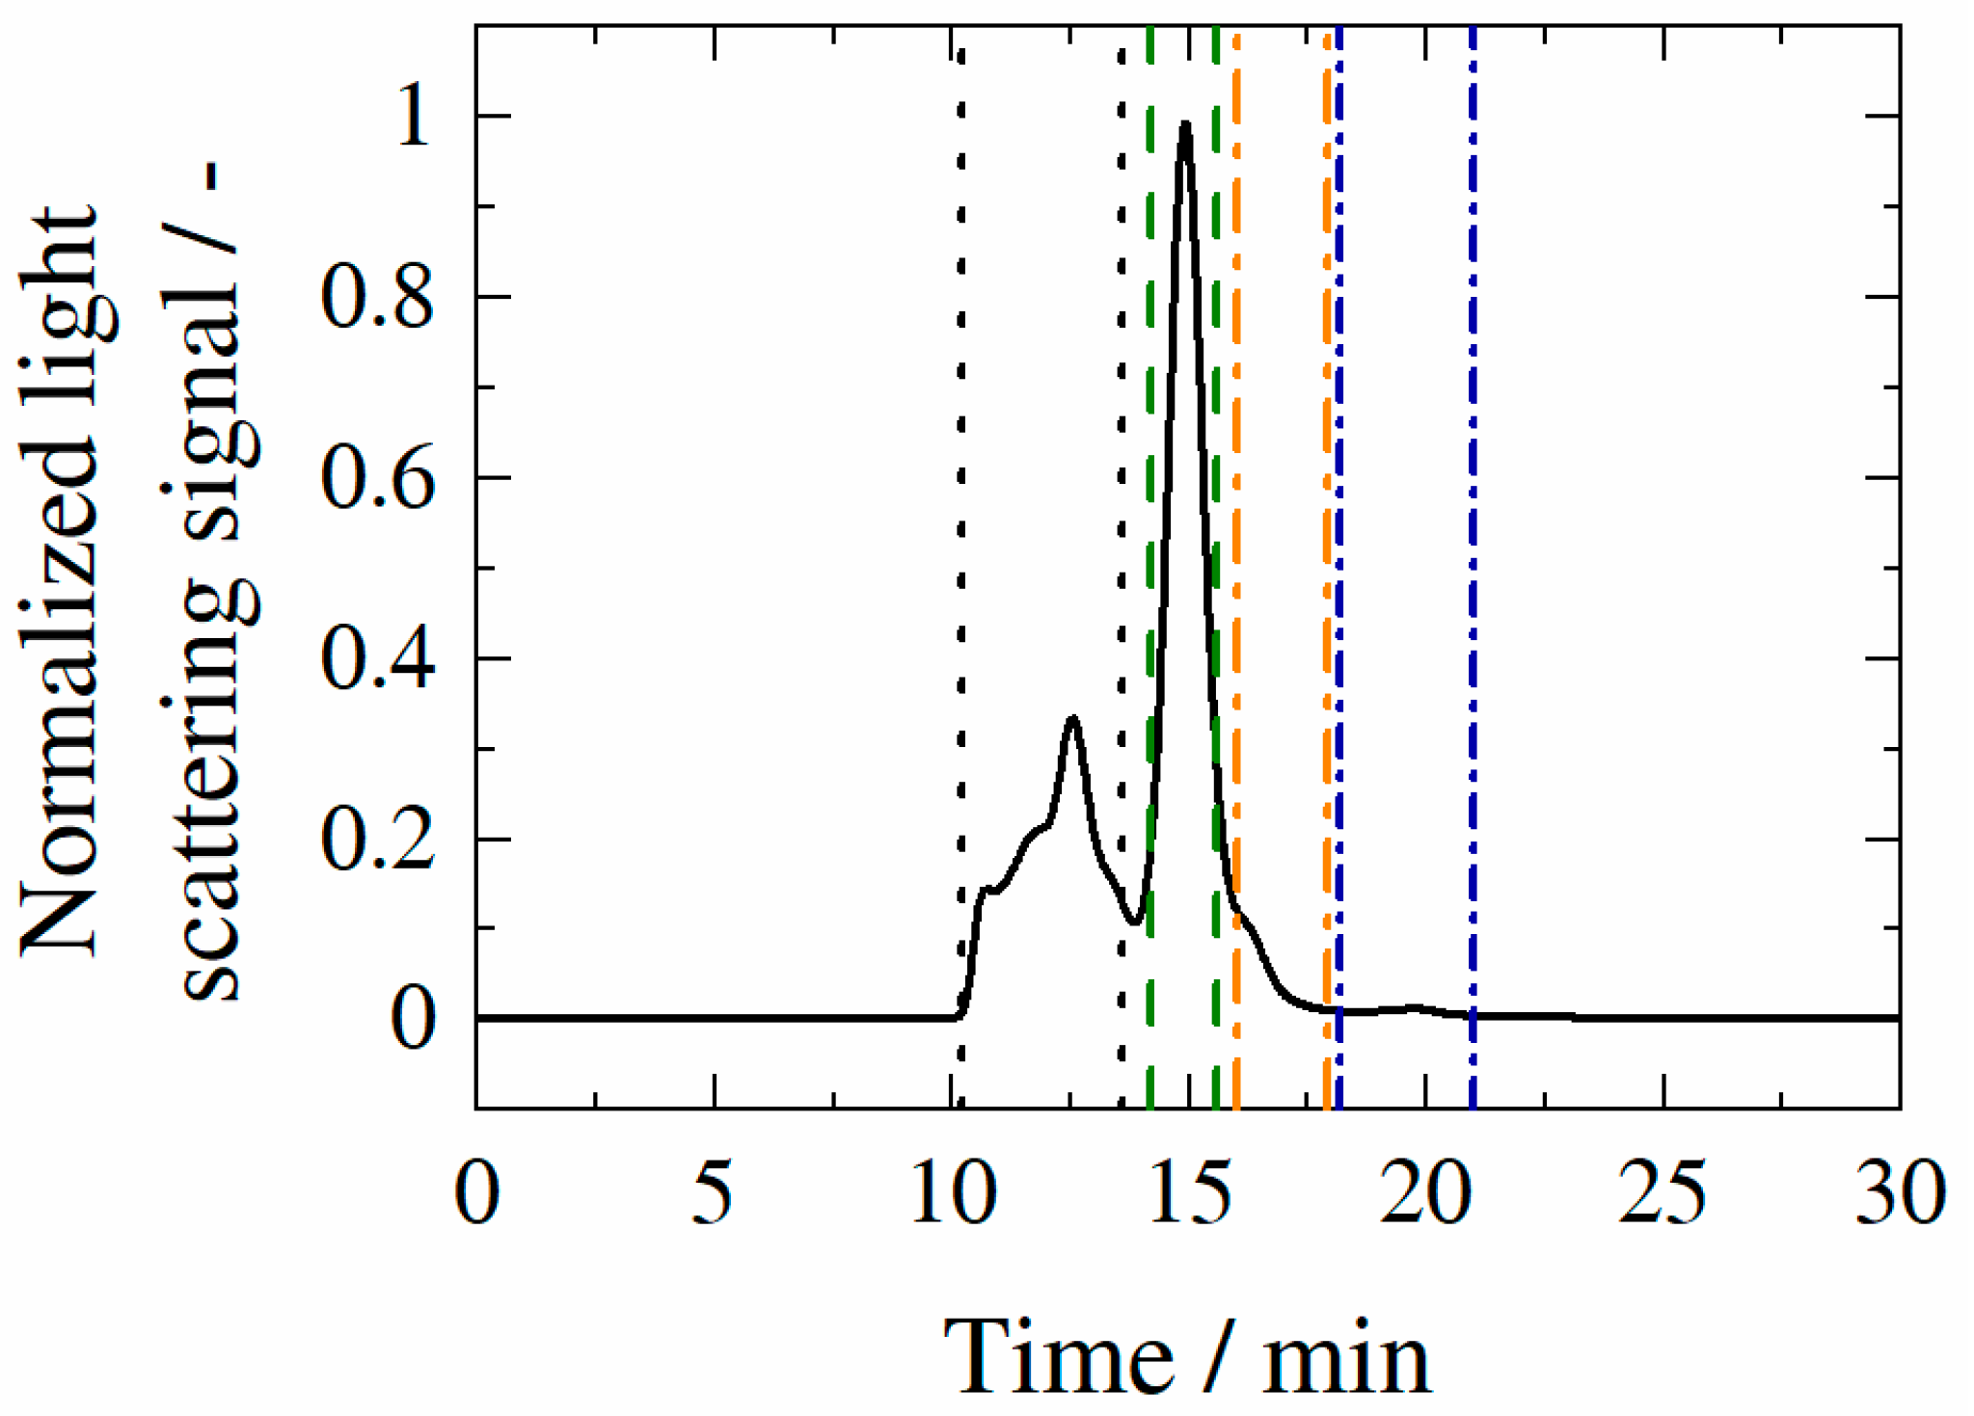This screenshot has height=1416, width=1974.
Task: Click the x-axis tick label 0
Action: click(476, 1193)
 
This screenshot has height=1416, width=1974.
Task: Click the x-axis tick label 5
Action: click(713, 1193)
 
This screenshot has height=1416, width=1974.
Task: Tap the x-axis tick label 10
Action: click(954, 1193)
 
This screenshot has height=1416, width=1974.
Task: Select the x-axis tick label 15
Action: click(1191, 1193)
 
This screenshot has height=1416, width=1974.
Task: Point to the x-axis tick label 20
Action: click(1426, 1193)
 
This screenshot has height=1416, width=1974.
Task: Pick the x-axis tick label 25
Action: click(1663, 1193)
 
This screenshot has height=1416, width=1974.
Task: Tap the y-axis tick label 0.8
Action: click(377, 298)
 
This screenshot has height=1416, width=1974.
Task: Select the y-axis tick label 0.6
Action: click(377, 479)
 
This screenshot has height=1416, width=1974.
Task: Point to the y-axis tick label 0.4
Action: click(377, 660)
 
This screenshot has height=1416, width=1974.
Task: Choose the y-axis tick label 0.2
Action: click(377, 842)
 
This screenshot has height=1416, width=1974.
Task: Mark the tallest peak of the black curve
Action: click(1185, 124)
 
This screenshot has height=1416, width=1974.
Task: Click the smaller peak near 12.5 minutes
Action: click(1071, 718)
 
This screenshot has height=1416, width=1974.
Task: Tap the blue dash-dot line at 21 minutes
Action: click(1473, 482)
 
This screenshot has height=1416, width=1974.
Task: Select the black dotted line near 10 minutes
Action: click(960, 482)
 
